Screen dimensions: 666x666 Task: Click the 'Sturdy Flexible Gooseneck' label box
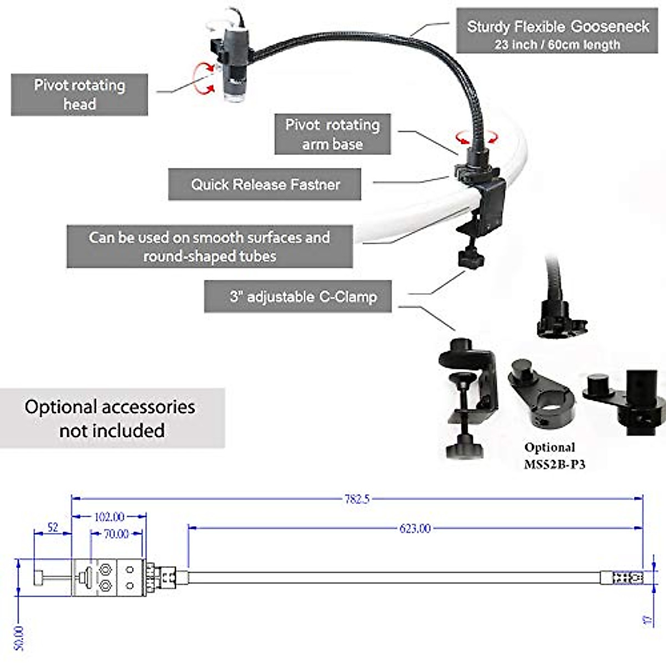(557, 31)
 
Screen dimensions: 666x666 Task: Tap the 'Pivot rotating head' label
(79, 94)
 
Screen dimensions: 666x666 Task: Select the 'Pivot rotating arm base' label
(332, 134)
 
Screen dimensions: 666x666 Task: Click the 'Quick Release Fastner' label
(265, 184)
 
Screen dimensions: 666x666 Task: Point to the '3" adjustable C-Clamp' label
(298, 296)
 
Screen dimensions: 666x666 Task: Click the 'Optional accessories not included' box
(112, 418)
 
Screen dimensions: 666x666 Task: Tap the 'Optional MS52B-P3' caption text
(553, 456)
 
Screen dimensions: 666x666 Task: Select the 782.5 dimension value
(356, 498)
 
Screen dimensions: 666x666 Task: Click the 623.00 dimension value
(415, 528)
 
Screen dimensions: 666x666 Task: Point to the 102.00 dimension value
(109, 517)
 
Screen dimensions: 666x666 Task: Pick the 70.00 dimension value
(116, 534)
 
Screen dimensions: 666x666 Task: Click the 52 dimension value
(53, 527)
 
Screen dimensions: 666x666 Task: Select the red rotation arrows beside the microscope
(203, 77)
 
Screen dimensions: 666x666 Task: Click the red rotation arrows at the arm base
(477, 137)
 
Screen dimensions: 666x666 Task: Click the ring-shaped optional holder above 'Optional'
(541, 391)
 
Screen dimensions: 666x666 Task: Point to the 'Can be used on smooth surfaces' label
(209, 246)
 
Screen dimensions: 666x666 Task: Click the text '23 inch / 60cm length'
(557, 44)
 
